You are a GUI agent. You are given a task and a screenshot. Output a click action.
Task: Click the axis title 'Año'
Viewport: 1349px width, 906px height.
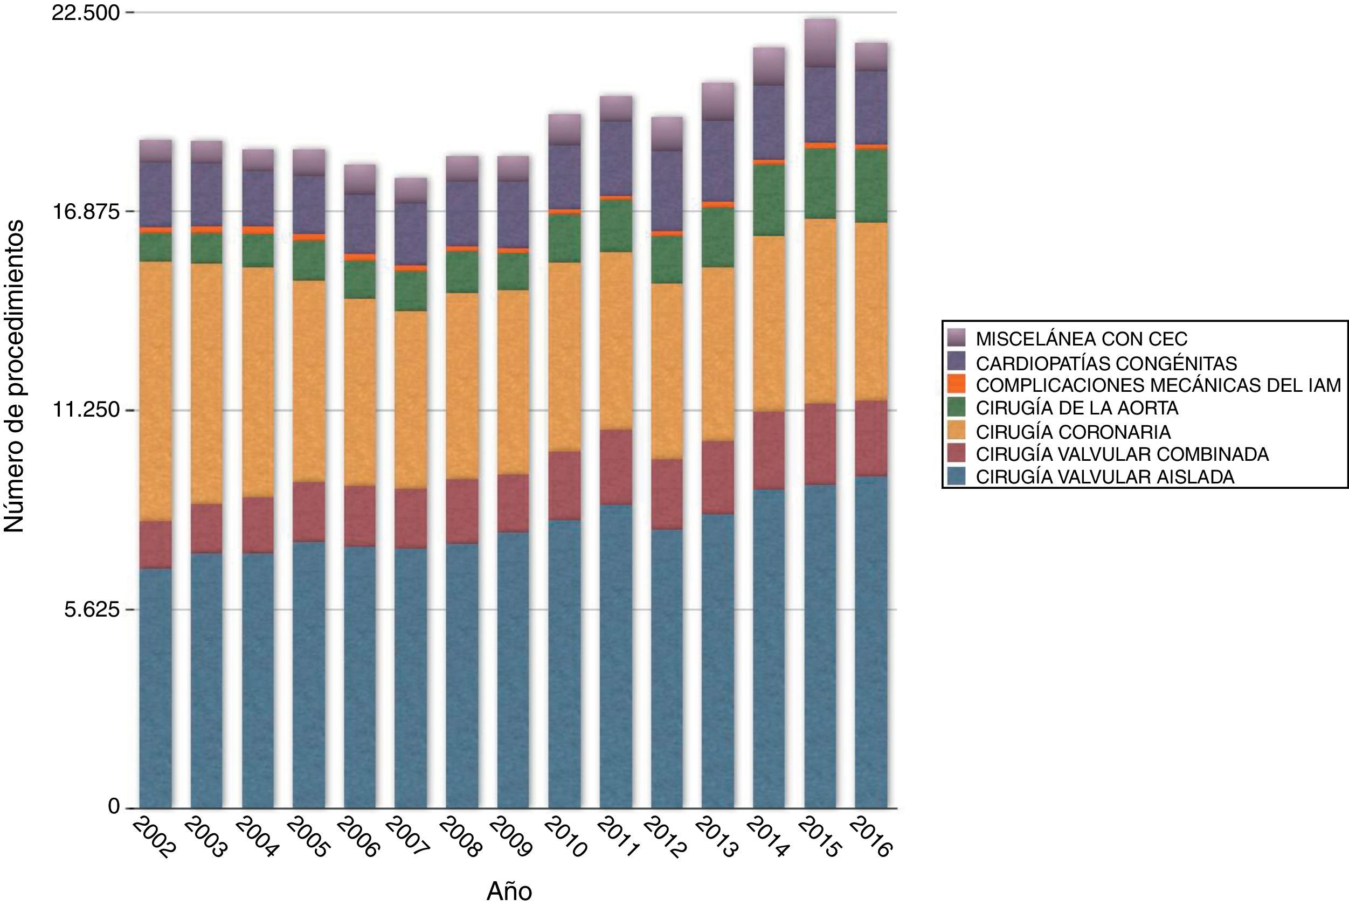(508, 891)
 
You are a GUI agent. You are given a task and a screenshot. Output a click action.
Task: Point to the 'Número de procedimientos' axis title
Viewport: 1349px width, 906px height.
(14, 376)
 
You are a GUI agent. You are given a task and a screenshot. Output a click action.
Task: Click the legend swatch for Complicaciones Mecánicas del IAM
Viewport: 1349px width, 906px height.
(957, 384)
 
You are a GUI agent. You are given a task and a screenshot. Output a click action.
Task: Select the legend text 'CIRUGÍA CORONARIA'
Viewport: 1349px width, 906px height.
(1074, 432)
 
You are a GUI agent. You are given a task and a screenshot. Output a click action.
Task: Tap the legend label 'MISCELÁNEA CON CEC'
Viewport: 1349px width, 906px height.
(1082, 338)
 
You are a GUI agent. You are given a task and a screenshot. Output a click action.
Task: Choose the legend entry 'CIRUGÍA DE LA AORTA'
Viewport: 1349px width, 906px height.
(1077, 408)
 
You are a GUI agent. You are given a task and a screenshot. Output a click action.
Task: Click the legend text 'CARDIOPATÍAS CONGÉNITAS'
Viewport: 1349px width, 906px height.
(1106, 363)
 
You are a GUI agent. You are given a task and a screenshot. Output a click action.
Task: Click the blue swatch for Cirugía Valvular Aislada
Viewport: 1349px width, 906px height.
(957, 476)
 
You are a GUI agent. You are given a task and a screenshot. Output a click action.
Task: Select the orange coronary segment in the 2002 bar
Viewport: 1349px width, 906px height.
(155, 391)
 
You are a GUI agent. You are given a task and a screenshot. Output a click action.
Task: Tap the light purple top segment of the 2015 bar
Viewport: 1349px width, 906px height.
(820, 43)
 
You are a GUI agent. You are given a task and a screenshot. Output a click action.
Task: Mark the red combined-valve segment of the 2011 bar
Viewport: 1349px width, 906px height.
(616, 467)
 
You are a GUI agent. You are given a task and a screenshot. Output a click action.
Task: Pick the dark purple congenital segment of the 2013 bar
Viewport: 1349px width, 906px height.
(717, 161)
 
